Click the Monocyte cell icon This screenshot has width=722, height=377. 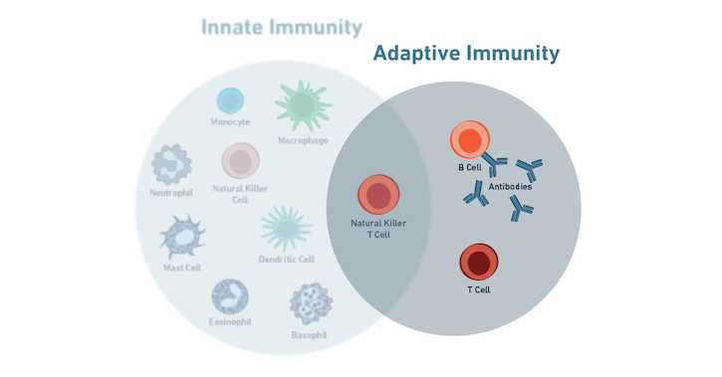pos(230,100)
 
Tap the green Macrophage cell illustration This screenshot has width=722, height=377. pos(303,104)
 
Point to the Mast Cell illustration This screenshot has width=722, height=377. pos(182,238)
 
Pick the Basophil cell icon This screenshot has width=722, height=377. pos(310,303)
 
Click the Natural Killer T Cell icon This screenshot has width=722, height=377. pos(378,194)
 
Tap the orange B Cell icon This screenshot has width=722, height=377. pos(468,141)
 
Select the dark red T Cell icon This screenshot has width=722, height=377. pos(479,263)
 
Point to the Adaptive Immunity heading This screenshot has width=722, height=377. pos(466,53)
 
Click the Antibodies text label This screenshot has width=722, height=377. pos(511,188)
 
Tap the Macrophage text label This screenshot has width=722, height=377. pos(304,139)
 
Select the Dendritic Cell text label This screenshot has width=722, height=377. pos(287,260)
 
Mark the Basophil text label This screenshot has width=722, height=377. pos(311,333)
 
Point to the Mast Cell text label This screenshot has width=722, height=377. pos(182,269)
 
